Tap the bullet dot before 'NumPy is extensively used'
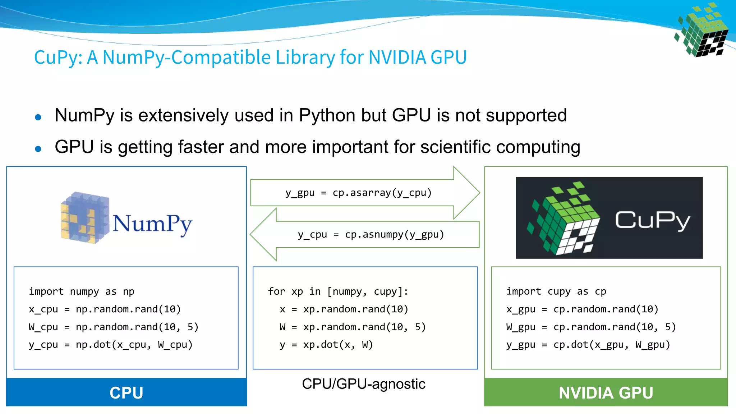(x=38, y=117)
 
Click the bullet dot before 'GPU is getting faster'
(x=38, y=148)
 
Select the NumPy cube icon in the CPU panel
(x=85, y=217)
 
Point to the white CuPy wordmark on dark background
(x=652, y=220)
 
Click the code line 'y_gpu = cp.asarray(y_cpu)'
(x=358, y=193)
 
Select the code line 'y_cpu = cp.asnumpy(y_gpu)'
(x=371, y=235)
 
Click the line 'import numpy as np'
(x=82, y=291)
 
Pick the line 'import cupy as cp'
(x=556, y=291)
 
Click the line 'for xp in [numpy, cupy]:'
(x=338, y=291)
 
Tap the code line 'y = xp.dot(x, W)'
(x=326, y=345)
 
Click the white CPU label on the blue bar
(x=126, y=393)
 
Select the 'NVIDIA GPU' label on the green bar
(x=606, y=393)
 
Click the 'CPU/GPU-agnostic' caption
(x=364, y=384)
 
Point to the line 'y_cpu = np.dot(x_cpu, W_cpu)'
(x=111, y=345)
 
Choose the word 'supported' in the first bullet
(x=526, y=116)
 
